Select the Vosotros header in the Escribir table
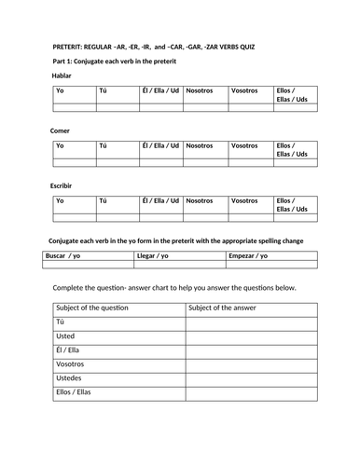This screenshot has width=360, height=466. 244,200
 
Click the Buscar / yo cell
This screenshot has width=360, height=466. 67,255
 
